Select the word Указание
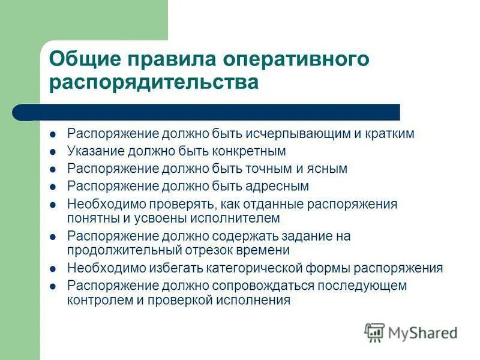pyautogui.click(x=94, y=151)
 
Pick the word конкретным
pyautogui.click(x=250, y=151)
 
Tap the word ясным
pyautogui.click(x=328, y=169)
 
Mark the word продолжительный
pyautogui.click(x=118, y=250)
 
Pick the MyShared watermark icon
pyautogui.click(x=375, y=332)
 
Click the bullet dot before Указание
pyautogui.click(x=53, y=152)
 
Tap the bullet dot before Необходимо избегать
pyautogui.click(x=53, y=269)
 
